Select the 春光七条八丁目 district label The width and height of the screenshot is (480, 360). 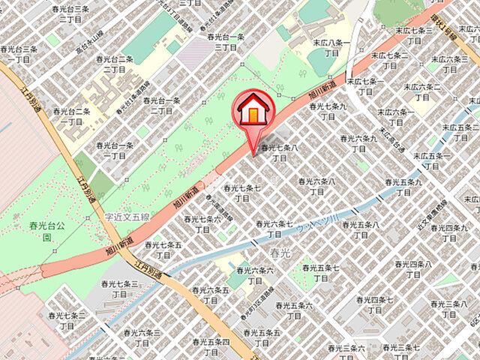tap(280, 153)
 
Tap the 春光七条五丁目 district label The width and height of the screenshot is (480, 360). tap(163, 250)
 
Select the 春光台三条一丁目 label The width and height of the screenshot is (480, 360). tap(19, 54)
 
